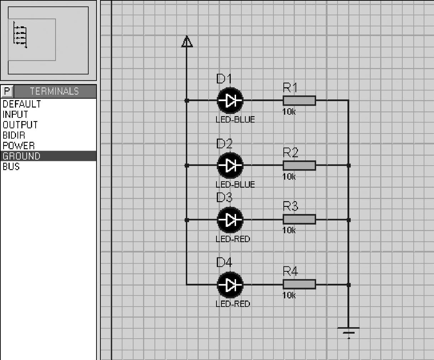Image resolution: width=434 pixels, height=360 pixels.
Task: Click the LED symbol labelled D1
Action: click(230, 101)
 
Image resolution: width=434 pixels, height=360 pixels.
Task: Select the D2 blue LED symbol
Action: click(230, 166)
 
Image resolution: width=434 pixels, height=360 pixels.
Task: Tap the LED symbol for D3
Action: click(230, 220)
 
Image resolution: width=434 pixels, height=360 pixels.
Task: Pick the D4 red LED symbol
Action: click(230, 285)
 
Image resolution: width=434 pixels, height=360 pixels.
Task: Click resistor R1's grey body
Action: click(299, 101)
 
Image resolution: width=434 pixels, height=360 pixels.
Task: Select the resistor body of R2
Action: click(299, 166)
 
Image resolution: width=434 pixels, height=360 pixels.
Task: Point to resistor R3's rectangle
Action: click(299, 219)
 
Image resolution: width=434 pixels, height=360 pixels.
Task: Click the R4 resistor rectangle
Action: click(299, 284)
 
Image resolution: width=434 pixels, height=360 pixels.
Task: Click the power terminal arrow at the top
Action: click(187, 42)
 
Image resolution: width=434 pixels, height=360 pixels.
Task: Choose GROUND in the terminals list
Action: click(21, 156)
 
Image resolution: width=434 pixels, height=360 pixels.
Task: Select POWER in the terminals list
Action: click(19, 146)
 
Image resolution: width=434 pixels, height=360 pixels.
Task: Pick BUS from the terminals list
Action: click(11, 167)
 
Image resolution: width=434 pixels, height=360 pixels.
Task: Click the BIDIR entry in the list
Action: click(14, 135)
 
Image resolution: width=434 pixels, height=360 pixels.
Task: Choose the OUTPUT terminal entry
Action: click(20, 125)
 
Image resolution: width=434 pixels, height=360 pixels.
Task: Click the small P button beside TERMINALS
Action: click(7, 91)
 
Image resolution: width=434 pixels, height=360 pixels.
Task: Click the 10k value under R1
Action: click(289, 112)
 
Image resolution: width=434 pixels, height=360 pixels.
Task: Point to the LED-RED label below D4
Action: click(233, 304)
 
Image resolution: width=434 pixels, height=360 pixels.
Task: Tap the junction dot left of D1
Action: click(187, 101)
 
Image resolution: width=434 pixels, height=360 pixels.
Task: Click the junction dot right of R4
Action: click(349, 285)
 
